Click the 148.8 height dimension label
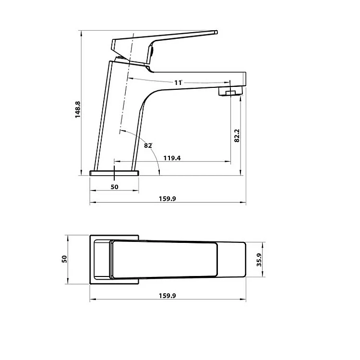pyautogui.click(x=78, y=109)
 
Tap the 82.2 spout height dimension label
pyautogui.click(x=237, y=135)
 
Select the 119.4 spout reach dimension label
pyautogui.click(x=172, y=158)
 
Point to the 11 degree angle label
pyautogui.click(x=178, y=83)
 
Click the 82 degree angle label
pyautogui.click(x=148, y=145)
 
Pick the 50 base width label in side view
pyautogui.click(x=114, y=187)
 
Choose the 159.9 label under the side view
pyautogui.click(x=168, y=199)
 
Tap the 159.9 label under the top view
pyautogui.click(x=168, y=296)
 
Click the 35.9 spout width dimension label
pyautogui.click(x=259, y=260)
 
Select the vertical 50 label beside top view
pyautogui.click(x=64, y=259)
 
